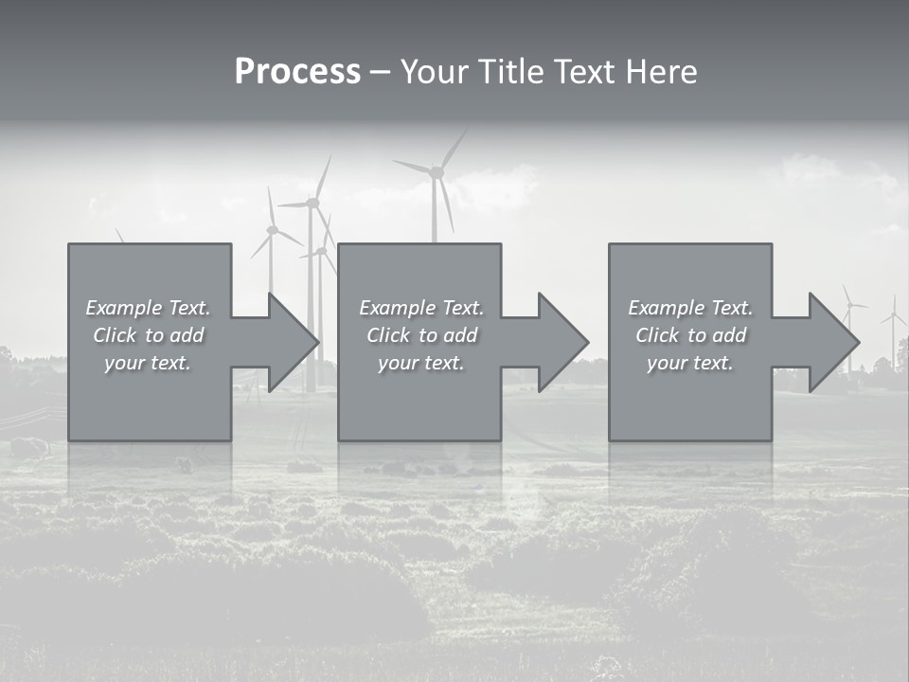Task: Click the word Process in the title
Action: click(297, 72)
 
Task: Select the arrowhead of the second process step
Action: click(562, 342)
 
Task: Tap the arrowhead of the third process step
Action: click(833, 342)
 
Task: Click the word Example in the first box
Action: click(121, 308)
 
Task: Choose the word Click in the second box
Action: click(387, 335)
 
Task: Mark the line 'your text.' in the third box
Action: click(690, 363)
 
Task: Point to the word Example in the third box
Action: click(664, 308)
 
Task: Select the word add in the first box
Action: click(187, 335)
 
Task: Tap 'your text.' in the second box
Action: click(421, 363)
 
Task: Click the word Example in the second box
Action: click(395, 308)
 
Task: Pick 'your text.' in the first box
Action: click(148, 363)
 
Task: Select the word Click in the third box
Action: click(656, 335)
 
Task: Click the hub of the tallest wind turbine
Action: click(437, 171)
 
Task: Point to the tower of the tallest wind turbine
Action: click(436, 213)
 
